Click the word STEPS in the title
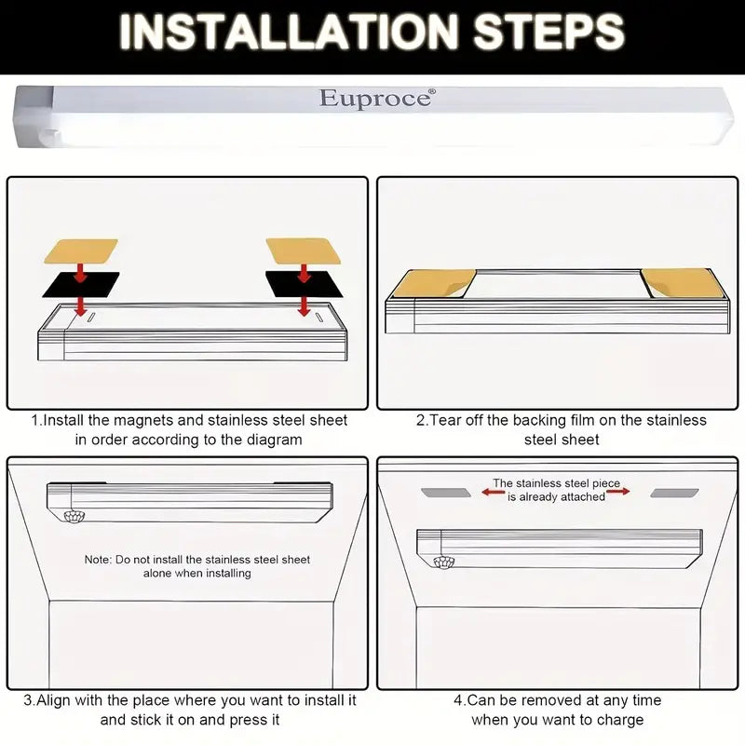point(549,32)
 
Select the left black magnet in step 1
point(81,285)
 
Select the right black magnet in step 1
point(304,284)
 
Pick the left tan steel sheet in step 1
point(81,251)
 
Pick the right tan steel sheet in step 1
point(304,251)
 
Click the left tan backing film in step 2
point(432,283)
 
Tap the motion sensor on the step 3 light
point(74,516)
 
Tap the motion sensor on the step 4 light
point(444,562)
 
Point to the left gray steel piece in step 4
point(446,493)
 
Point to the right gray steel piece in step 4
point(674,494)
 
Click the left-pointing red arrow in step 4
point(493,493)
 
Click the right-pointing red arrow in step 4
point(618,492)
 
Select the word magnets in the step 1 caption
point(143,421)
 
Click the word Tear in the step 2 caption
point(445,420)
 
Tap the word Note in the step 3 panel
point(97,560)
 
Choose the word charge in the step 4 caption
point(620,720)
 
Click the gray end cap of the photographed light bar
point(34,116)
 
